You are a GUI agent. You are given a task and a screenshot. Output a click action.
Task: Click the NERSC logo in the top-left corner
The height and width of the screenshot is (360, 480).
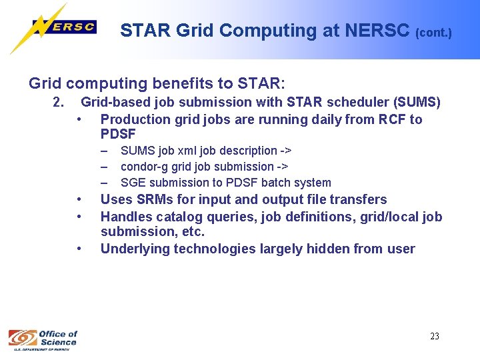(x=53, y=28)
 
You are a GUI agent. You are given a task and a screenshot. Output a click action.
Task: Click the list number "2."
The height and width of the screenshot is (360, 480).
(x=58, y=103)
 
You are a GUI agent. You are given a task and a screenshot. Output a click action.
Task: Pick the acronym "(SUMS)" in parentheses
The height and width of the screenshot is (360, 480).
(x=417, y=103)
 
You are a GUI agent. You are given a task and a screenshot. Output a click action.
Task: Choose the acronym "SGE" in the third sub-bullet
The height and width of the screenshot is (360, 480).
(x=132, y=183)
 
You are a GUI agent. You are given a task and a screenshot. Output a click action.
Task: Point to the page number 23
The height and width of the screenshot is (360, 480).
(x=434, y=336)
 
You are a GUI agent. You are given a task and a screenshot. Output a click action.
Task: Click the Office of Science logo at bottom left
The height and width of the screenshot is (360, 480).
(x=43, y=339)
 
